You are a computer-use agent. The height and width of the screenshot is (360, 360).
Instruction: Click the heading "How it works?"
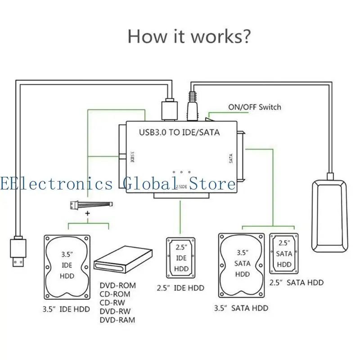(189, 36)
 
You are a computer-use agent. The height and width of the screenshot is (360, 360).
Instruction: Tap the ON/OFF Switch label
(254, 107)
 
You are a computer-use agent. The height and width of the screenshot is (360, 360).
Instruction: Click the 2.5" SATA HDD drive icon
(284, 253)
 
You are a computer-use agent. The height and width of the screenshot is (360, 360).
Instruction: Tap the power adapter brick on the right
(329, 216)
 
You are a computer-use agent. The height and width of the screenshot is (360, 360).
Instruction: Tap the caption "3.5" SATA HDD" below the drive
(241, 308)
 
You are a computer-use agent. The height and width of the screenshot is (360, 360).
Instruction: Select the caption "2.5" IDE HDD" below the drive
(180, 288)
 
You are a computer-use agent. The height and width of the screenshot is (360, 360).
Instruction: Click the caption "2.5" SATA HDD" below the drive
(296, 283)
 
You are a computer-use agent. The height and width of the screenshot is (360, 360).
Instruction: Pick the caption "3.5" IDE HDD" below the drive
(66, 309)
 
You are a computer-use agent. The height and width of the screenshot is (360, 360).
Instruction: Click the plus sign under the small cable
(88, 213)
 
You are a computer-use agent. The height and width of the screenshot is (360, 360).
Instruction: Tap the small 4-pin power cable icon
(90, 205)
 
